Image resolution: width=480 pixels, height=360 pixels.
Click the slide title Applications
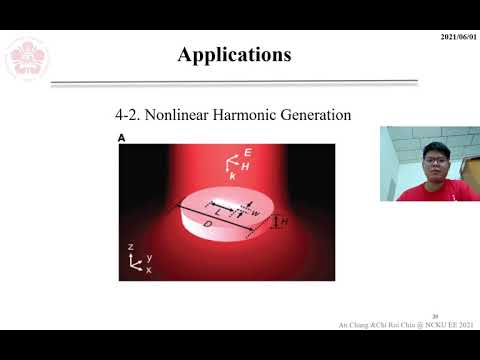tap(234, 54)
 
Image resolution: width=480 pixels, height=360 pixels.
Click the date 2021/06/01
tap(457, 37)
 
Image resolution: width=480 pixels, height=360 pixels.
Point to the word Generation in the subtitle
tap(317, 115)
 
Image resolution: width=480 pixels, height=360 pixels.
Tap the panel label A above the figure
tap(121, 139)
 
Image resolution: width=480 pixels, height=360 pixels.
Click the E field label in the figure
tap(247, 153)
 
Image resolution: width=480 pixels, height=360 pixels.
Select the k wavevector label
tap(233, 176)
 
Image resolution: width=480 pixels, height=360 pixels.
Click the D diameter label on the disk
tap(207, 226)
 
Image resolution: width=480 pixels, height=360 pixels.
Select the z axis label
tap(130, 246)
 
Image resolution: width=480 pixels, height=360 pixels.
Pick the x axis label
tap(149, 270)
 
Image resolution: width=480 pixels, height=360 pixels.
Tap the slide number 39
tap(435, 313)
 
